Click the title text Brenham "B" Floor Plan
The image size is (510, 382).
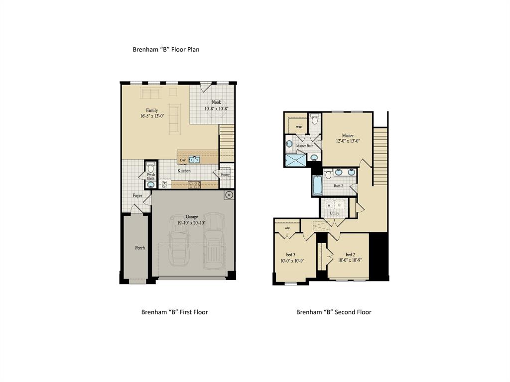click(x=166, y=49)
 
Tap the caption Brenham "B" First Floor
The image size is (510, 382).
click(x=174, y=312)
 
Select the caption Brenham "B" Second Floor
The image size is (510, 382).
click(x=334, y=312)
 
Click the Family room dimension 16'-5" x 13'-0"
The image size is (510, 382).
click(x=152, y=116)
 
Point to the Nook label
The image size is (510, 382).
click(x=216, y=102)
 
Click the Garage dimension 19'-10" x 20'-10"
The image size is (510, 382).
click(x=192, y=223)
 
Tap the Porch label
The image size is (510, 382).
click(x=140, y=247)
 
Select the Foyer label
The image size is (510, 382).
click(x=137, y=195)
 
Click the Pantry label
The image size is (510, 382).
click(x=225, y=175)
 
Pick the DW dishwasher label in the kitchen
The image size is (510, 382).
click(x=183, y=160)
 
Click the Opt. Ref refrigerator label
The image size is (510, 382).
click(x=165, y=184)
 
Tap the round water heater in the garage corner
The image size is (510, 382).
click(x=229, y=195)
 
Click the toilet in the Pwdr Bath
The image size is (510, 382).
click(x=151, y=168)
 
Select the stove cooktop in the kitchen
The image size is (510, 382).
click(x=194, y=185)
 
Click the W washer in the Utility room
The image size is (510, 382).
click(x=329, y=204)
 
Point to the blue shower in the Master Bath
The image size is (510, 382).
click(x=295, y=160)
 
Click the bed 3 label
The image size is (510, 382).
click(x=284, y=254)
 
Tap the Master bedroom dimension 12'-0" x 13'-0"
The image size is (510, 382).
click(x=348, y=141)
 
